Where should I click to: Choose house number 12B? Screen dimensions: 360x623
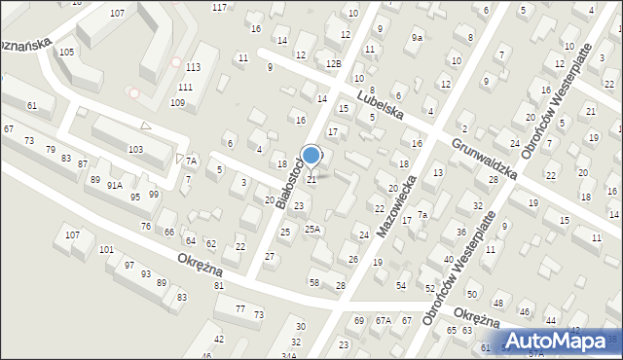pyautogui.click(x=334, y=63)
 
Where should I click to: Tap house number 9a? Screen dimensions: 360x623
pyautogui.click(x=418, y=37)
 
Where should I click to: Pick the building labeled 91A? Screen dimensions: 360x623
pyautogui.click(x=115, y=185)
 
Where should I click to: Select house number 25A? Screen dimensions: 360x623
pyautogui.click(x=312, y=230)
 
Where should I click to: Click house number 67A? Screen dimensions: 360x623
pyautogui.click(x=384, y=320)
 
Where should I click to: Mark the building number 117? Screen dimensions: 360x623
pyautogui.click(x=219, y=7)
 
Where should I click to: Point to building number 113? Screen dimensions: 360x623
pyautogui.click(x=194, y=66)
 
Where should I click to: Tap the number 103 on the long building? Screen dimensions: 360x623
pyautogui.click(x=135, y=149)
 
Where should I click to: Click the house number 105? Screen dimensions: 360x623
pyautogui.click(x=66, y=52)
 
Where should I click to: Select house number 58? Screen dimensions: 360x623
pyautogui.click(x=314, y=282)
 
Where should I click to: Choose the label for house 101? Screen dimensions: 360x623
pyautogui.click(x=106, y=250)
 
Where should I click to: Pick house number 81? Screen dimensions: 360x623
pyautogui.click(x=219, y=286)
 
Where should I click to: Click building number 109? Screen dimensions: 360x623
pyautogui.click(x=177, y=102)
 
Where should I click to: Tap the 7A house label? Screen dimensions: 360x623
pyautogui.click(x=192, y=161)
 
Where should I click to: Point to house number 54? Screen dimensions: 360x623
pyautogui.click(x=401, y=285)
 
